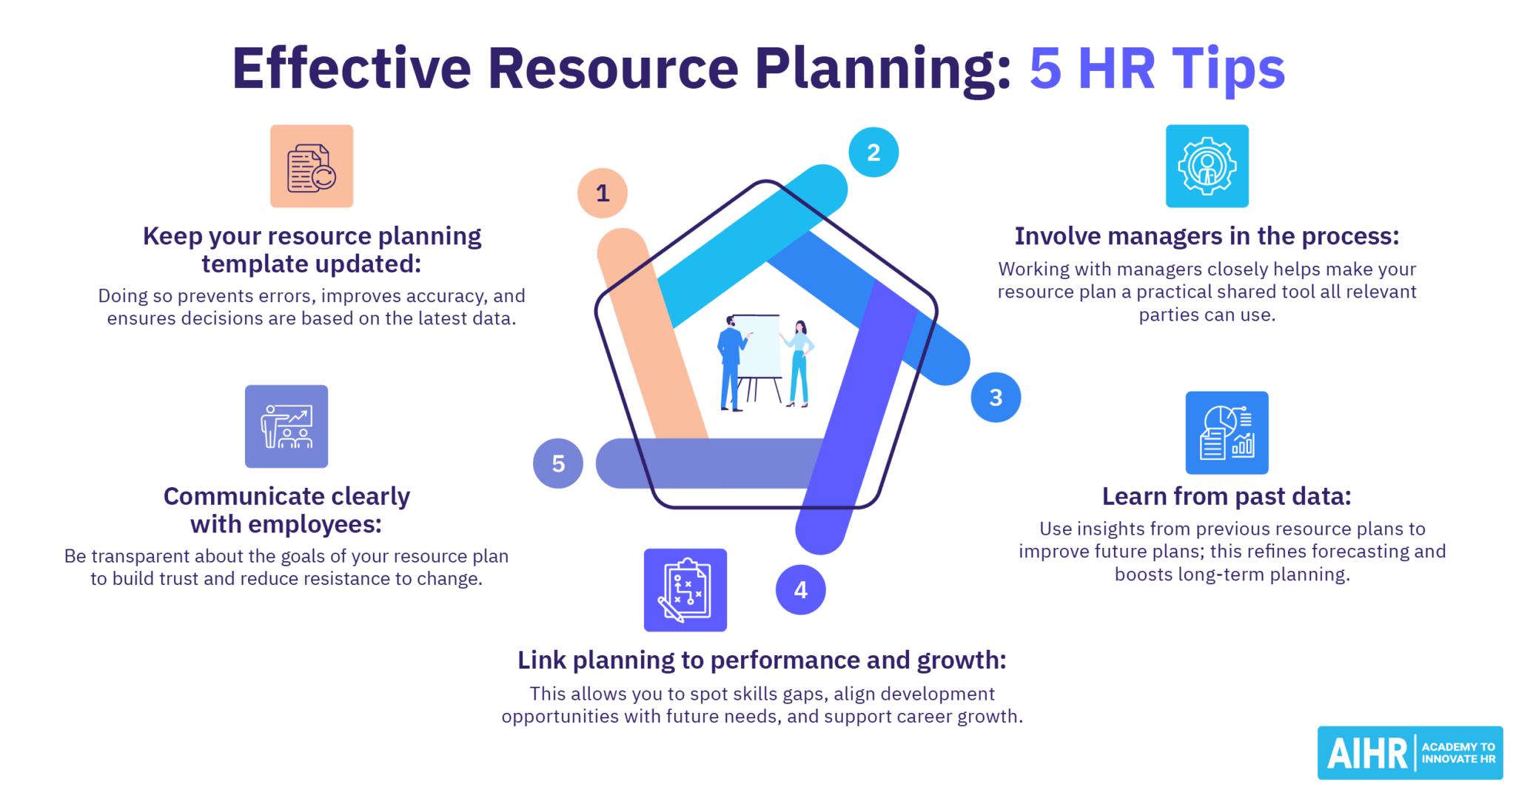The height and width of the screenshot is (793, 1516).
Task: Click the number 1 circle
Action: (603, 193)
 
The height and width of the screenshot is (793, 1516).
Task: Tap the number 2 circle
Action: (873, 153)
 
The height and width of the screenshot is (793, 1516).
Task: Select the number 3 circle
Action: (996, 398)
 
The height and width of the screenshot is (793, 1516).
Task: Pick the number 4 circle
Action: (800, 590)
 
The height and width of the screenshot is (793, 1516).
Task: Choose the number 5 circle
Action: (558, 464)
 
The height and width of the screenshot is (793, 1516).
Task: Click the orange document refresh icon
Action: (312, 167)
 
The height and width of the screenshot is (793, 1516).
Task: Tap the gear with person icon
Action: (1207, 167)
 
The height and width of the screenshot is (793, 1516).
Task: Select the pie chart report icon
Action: (1227, 433)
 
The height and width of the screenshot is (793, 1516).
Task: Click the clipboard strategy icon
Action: (685, 590)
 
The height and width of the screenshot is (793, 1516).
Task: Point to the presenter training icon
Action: (286, 426)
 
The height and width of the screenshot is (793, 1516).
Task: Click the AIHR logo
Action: (1409, 753)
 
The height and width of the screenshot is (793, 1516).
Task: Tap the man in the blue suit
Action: (731, 363)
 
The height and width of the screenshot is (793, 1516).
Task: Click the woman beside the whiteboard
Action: (799, 363)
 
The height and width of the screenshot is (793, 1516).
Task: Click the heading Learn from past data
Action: (1226, 496)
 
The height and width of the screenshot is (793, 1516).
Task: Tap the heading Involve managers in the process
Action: (1207, 236)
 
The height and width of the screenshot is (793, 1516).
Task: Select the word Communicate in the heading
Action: (235, 496)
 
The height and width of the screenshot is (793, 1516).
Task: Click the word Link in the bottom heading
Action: (541, 660)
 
